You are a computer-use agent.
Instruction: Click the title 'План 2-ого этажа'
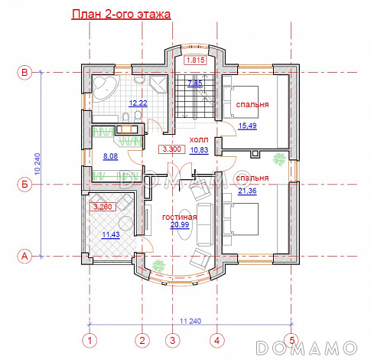[x=121, y=14]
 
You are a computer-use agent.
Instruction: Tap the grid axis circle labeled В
[x=24, y=73]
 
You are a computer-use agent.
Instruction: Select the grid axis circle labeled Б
[x=24, y=184]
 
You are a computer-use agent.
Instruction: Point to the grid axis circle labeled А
[x=24, y=256]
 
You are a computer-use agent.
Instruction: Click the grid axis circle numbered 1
[x=89, y=340]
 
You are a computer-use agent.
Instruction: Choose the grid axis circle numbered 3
[x=173, y=340]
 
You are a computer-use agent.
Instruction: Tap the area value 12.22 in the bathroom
[x=138, y=103]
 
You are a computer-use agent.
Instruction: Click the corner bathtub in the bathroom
[x=105, y=87]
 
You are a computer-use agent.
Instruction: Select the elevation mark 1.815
[x=195, y=61]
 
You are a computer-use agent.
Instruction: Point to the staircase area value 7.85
[x=195, y=83]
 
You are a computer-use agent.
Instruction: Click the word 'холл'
[x=199, y=139]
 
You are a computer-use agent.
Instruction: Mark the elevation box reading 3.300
[x=172, y=149]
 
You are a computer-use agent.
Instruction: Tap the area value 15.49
[x=247, y=126]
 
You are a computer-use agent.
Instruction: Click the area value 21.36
[x=247, y=191]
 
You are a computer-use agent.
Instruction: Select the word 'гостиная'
[x=180, y=217]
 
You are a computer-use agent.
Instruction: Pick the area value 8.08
[x=110, y=156]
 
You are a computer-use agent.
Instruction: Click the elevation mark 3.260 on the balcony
[x=103, y=207]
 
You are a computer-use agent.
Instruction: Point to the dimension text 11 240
[x=190, y=321]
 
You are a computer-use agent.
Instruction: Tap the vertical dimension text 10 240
[x=37, y=164]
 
